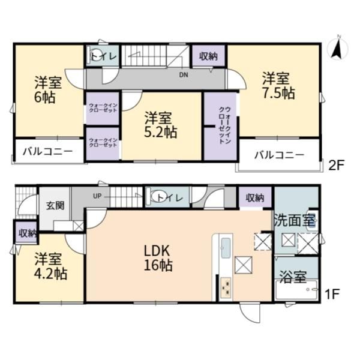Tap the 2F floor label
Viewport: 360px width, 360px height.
(x=337, y=165)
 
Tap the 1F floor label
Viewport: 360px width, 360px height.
(x=332, y=295)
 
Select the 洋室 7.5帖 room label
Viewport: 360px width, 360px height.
(x=279, y=86)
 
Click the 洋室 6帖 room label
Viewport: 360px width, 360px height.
(x=48, y=90)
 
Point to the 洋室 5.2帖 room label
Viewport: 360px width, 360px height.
(x=160, y=125)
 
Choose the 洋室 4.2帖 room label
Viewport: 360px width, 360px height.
(x=51, y=266)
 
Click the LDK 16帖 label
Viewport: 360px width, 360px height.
(x=158, y=258)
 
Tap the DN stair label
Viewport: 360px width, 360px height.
(x=184, y=75)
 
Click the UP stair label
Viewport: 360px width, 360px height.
(x=97, y=196)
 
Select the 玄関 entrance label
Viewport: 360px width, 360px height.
(x=55, y=206)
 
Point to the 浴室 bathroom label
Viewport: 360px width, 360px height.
(x=293, y=277)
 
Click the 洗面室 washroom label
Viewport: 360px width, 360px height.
(x=295, y=220)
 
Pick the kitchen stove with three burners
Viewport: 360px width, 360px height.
(x=226, y=287)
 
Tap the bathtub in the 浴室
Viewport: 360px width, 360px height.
(x=296, y=290)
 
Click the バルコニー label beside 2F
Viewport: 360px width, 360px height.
(x=279, y=155)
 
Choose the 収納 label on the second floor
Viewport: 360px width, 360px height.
(x=208, y=56)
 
